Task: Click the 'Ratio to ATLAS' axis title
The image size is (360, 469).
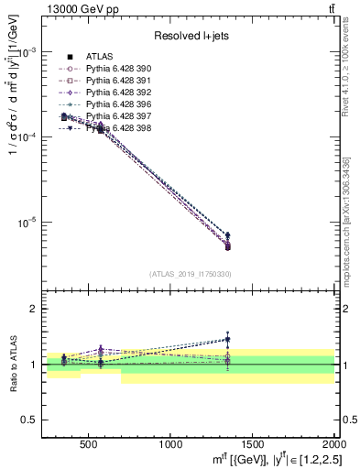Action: [x=12, y=365]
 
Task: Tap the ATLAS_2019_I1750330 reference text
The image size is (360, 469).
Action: [x=191, y=274]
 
